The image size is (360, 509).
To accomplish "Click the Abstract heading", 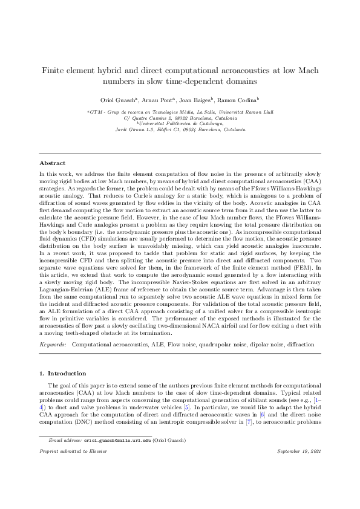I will click(53, 163).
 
